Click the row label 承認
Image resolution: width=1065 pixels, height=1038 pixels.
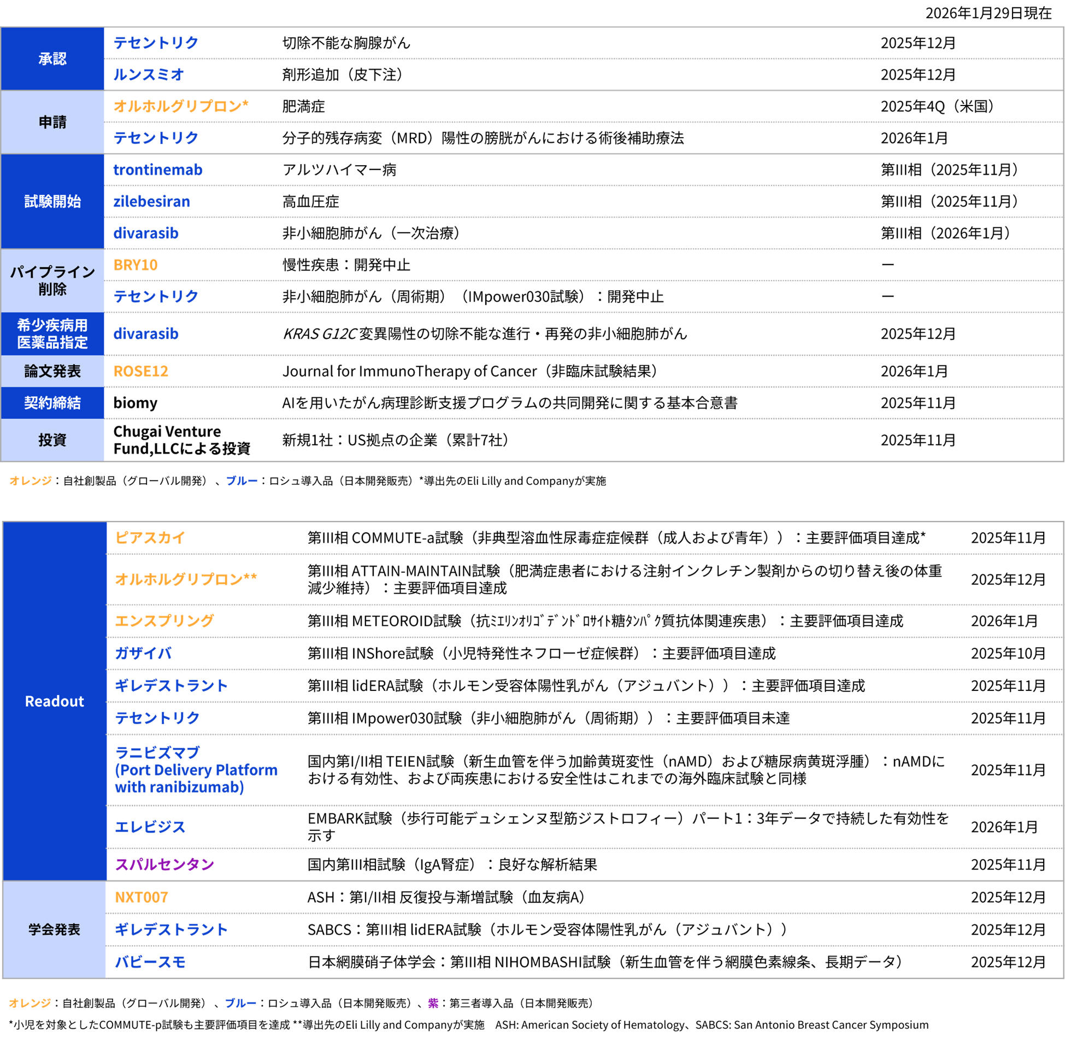tap(52, 58)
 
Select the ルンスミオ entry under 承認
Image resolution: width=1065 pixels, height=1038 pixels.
tap(149, 74)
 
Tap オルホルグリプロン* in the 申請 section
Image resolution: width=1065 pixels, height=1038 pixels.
tap(181, 106)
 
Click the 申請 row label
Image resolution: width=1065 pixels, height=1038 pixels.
tap(52, 122)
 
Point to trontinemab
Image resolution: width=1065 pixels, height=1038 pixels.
tap(158, 170)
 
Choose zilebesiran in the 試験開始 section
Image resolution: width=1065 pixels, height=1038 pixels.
tap(152, 202)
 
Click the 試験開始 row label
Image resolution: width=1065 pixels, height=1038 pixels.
tap(52, 202)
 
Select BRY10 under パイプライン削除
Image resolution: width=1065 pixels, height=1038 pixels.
tap(136, 265)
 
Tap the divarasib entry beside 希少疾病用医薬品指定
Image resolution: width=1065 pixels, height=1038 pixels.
tap(146, 334)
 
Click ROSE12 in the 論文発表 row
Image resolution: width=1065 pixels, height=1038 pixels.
tap(141, 372)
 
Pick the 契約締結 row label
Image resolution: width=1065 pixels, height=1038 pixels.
tap(52, 403)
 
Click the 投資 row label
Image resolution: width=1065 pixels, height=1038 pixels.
tap(52, 440)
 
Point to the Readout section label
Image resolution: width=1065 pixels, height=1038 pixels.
tap(55, 701)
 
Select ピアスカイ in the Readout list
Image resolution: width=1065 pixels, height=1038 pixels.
tap(150, 538)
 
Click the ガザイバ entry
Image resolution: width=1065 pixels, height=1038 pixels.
tap(144, 653)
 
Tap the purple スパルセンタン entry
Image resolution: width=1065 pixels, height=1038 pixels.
tap(164, 864)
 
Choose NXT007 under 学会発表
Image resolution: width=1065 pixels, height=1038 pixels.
tap(142, 898)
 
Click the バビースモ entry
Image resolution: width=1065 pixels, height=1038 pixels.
tap(150, 962)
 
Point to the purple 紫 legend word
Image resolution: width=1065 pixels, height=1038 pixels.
tap(433, 1003)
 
